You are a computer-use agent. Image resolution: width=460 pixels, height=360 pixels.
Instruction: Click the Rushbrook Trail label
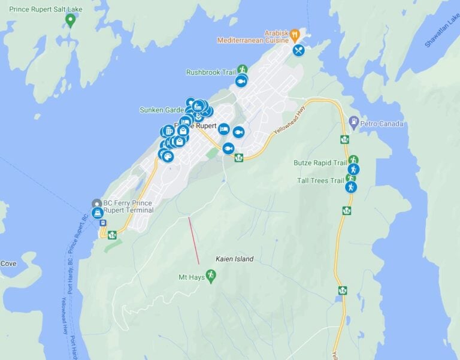click(211, 72)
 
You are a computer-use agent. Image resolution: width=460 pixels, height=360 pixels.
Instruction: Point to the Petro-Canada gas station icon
click(353, 122)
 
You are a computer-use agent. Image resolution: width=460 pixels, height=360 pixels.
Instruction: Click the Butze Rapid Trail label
click(320, 162)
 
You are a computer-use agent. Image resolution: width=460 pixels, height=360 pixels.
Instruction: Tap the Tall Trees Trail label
click(320, 180)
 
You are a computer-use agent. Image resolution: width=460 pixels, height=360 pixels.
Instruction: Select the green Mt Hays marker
click(210, 275)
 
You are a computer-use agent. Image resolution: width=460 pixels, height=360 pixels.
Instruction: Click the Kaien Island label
click(234, 259)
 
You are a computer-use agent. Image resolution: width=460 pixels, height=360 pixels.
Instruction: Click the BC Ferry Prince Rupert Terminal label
click(128, 206)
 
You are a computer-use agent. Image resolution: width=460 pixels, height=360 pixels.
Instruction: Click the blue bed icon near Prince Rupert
click(223, 129)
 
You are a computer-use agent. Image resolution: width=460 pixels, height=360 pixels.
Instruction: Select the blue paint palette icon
click(168, 156)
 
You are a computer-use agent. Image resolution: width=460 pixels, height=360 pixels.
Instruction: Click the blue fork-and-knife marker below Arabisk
click(298, 50)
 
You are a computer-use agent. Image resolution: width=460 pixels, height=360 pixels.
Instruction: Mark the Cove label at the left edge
click(8, 264)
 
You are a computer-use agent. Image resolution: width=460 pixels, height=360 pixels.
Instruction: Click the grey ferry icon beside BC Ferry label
click(96, 203)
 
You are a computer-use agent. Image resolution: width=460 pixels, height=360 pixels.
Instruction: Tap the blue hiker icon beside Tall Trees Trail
click(350, 187)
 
